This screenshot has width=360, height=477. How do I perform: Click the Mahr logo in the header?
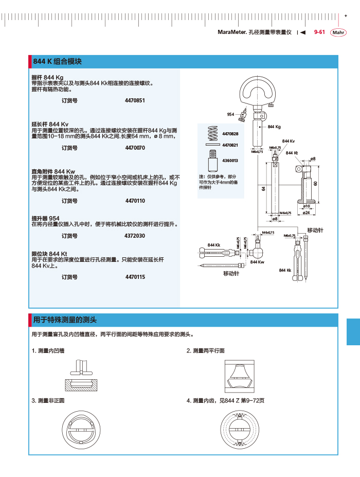tap(338, 33)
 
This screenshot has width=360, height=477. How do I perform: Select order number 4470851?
tap(135, 101)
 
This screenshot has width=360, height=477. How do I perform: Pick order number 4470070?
tap(135, 148)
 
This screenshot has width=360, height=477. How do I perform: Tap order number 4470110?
tap(135, 201)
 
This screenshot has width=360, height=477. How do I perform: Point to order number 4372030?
tap(135, 236)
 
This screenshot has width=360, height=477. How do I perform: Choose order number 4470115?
tap(135, 277)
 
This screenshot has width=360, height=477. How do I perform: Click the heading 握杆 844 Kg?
tap(47, 78)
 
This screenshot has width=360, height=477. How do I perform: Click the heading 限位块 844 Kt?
tap(49, 254)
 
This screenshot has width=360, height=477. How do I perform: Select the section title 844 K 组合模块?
tap(58, 62)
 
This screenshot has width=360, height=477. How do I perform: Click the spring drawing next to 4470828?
tap(212, 134)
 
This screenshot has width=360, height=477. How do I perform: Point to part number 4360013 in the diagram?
tap(230, 161)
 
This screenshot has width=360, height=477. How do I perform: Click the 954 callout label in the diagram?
tap(230, 114)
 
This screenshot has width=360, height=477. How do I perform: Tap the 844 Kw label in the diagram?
tap(257, 262)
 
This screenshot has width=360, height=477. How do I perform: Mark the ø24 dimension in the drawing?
tap(306, 212)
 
